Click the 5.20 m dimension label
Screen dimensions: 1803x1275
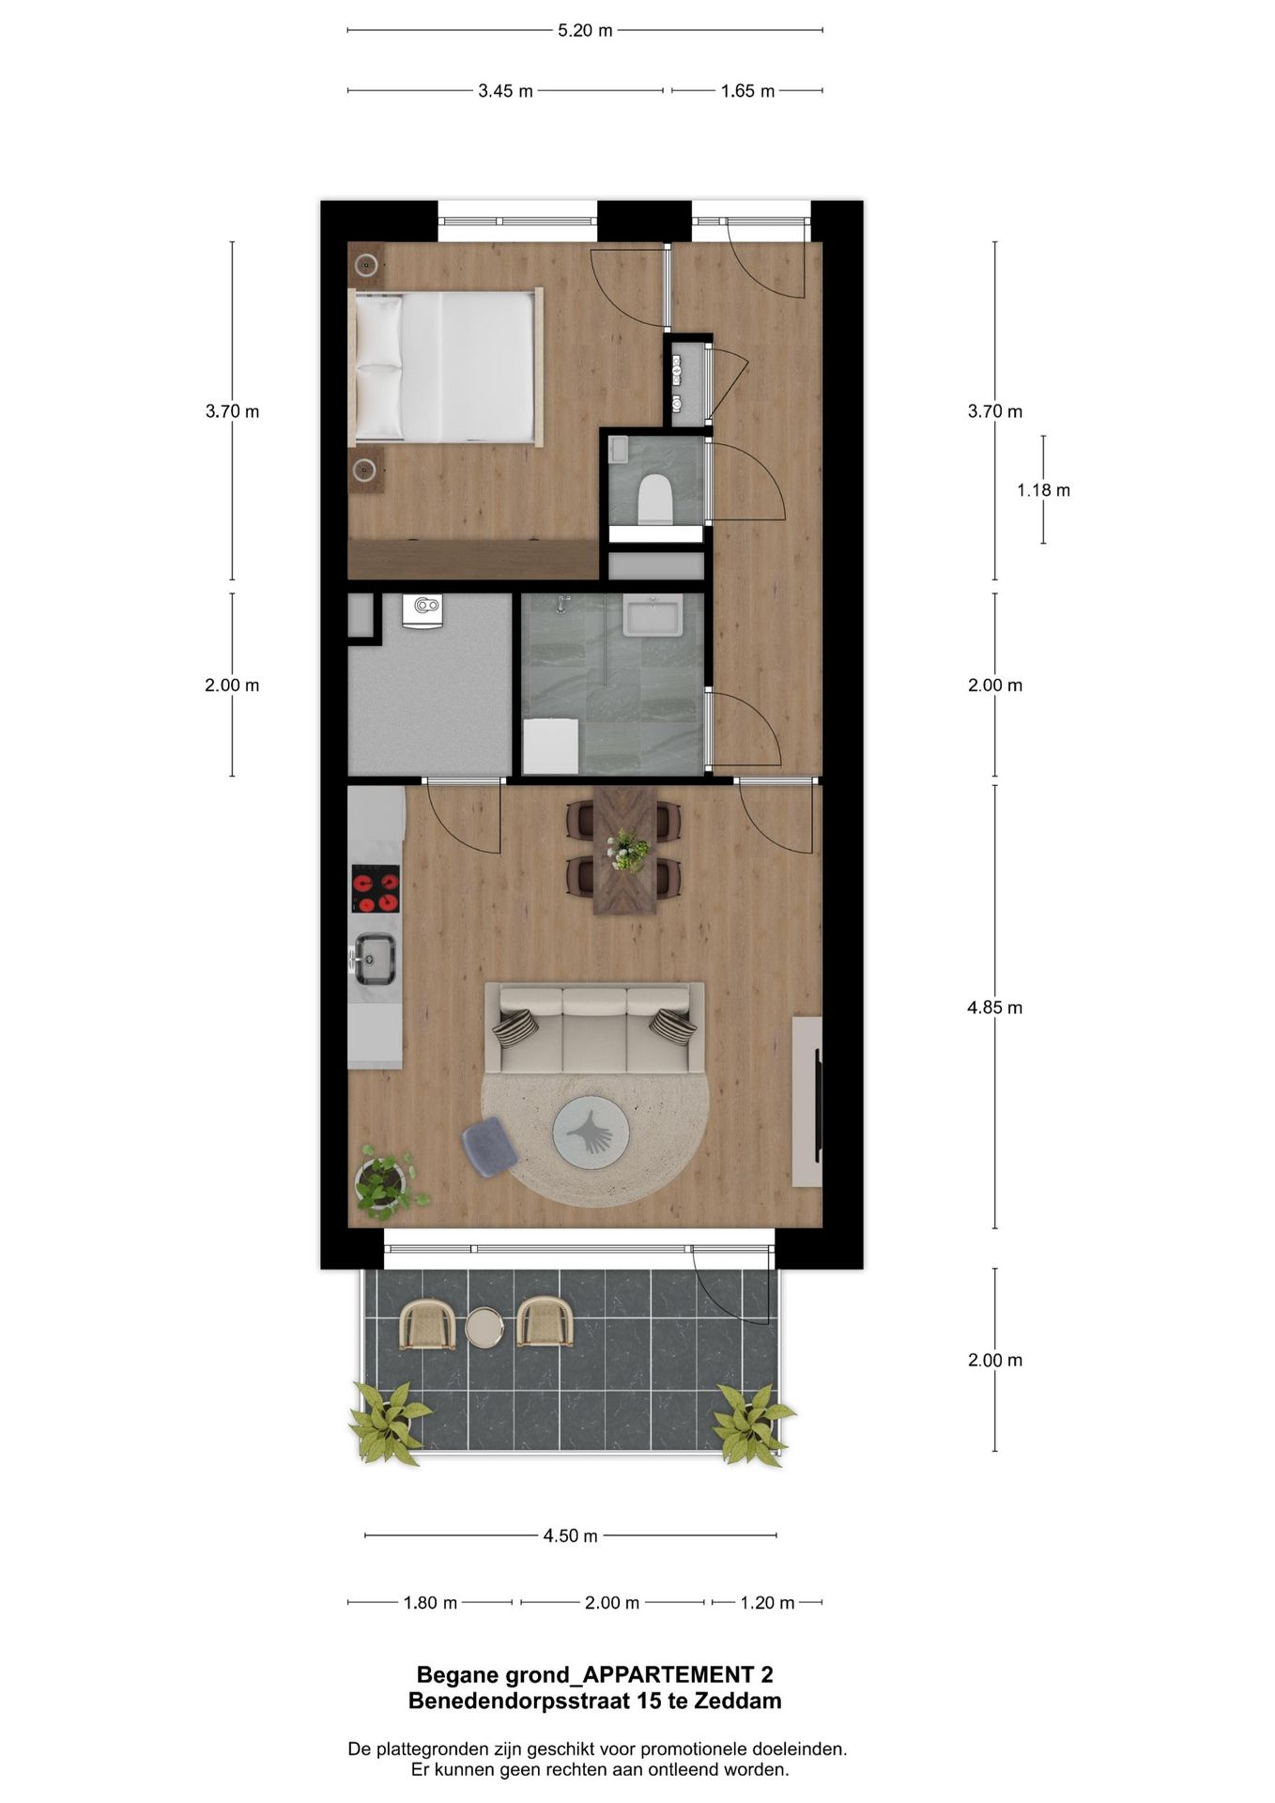coord(585,31)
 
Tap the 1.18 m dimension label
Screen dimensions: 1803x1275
coord(1043,490)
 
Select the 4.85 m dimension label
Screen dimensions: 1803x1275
coord(994,1008)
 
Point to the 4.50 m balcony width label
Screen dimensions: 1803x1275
coord(570,1536)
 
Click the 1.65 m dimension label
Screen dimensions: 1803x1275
coord(747,91)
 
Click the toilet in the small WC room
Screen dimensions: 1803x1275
coord(654,497)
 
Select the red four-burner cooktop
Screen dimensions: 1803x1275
coord(376,889)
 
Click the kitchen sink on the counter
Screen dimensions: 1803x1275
coord(374,957)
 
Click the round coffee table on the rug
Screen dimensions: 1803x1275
coord(591,1133)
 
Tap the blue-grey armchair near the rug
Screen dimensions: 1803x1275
coord(489,1146)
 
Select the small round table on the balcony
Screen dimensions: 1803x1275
coord(484,1328)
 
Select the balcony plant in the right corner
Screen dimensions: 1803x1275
coord(750,1423)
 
